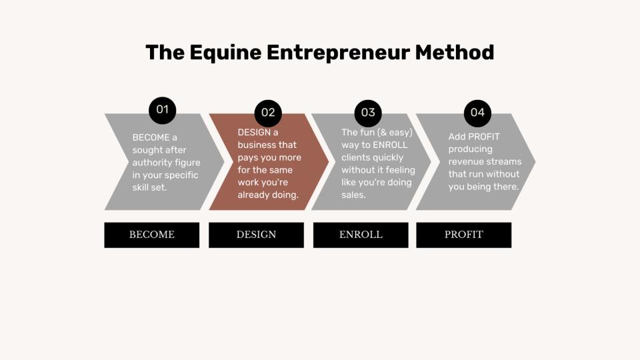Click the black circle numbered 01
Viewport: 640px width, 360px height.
point(163,110)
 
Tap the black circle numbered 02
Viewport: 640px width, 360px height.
point(268,113)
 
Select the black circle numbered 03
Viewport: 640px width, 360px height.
point(368,113)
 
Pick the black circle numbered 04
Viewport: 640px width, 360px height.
point(477,113)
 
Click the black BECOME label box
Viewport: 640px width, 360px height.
point(152,235)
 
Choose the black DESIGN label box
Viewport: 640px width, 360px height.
point(256,235)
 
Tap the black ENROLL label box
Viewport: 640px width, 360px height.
point(361,235)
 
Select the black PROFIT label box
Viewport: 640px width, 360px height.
point(464,235)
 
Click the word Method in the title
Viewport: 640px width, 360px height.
point(454,53)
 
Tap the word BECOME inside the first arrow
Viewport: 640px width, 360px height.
point(151,137)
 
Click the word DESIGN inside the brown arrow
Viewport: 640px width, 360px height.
point(254,133)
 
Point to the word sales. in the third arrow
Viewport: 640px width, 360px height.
point(353,195)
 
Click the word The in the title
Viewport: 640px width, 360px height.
point(165,53)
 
